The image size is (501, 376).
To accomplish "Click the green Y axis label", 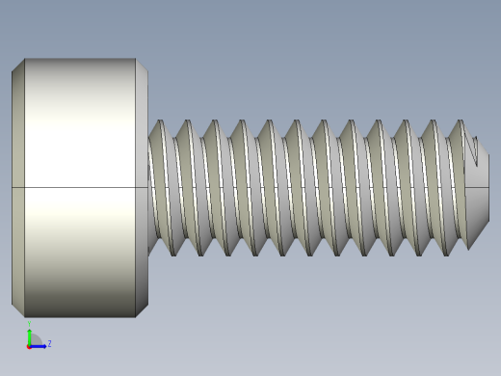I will (29, 325).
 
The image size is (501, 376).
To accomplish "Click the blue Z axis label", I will (49, 343).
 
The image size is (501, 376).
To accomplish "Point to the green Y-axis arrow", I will (29, 336).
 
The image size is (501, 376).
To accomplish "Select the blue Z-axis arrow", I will (40, 345).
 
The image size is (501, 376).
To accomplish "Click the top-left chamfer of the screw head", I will (17, 66).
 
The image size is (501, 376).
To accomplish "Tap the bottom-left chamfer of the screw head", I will (17, 309).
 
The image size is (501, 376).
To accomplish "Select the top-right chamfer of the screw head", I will (141, 66).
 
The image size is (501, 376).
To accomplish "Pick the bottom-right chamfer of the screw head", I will (141, 309).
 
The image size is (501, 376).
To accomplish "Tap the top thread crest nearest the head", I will (159, 123).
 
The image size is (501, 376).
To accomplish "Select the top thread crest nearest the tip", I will (459, 123).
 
